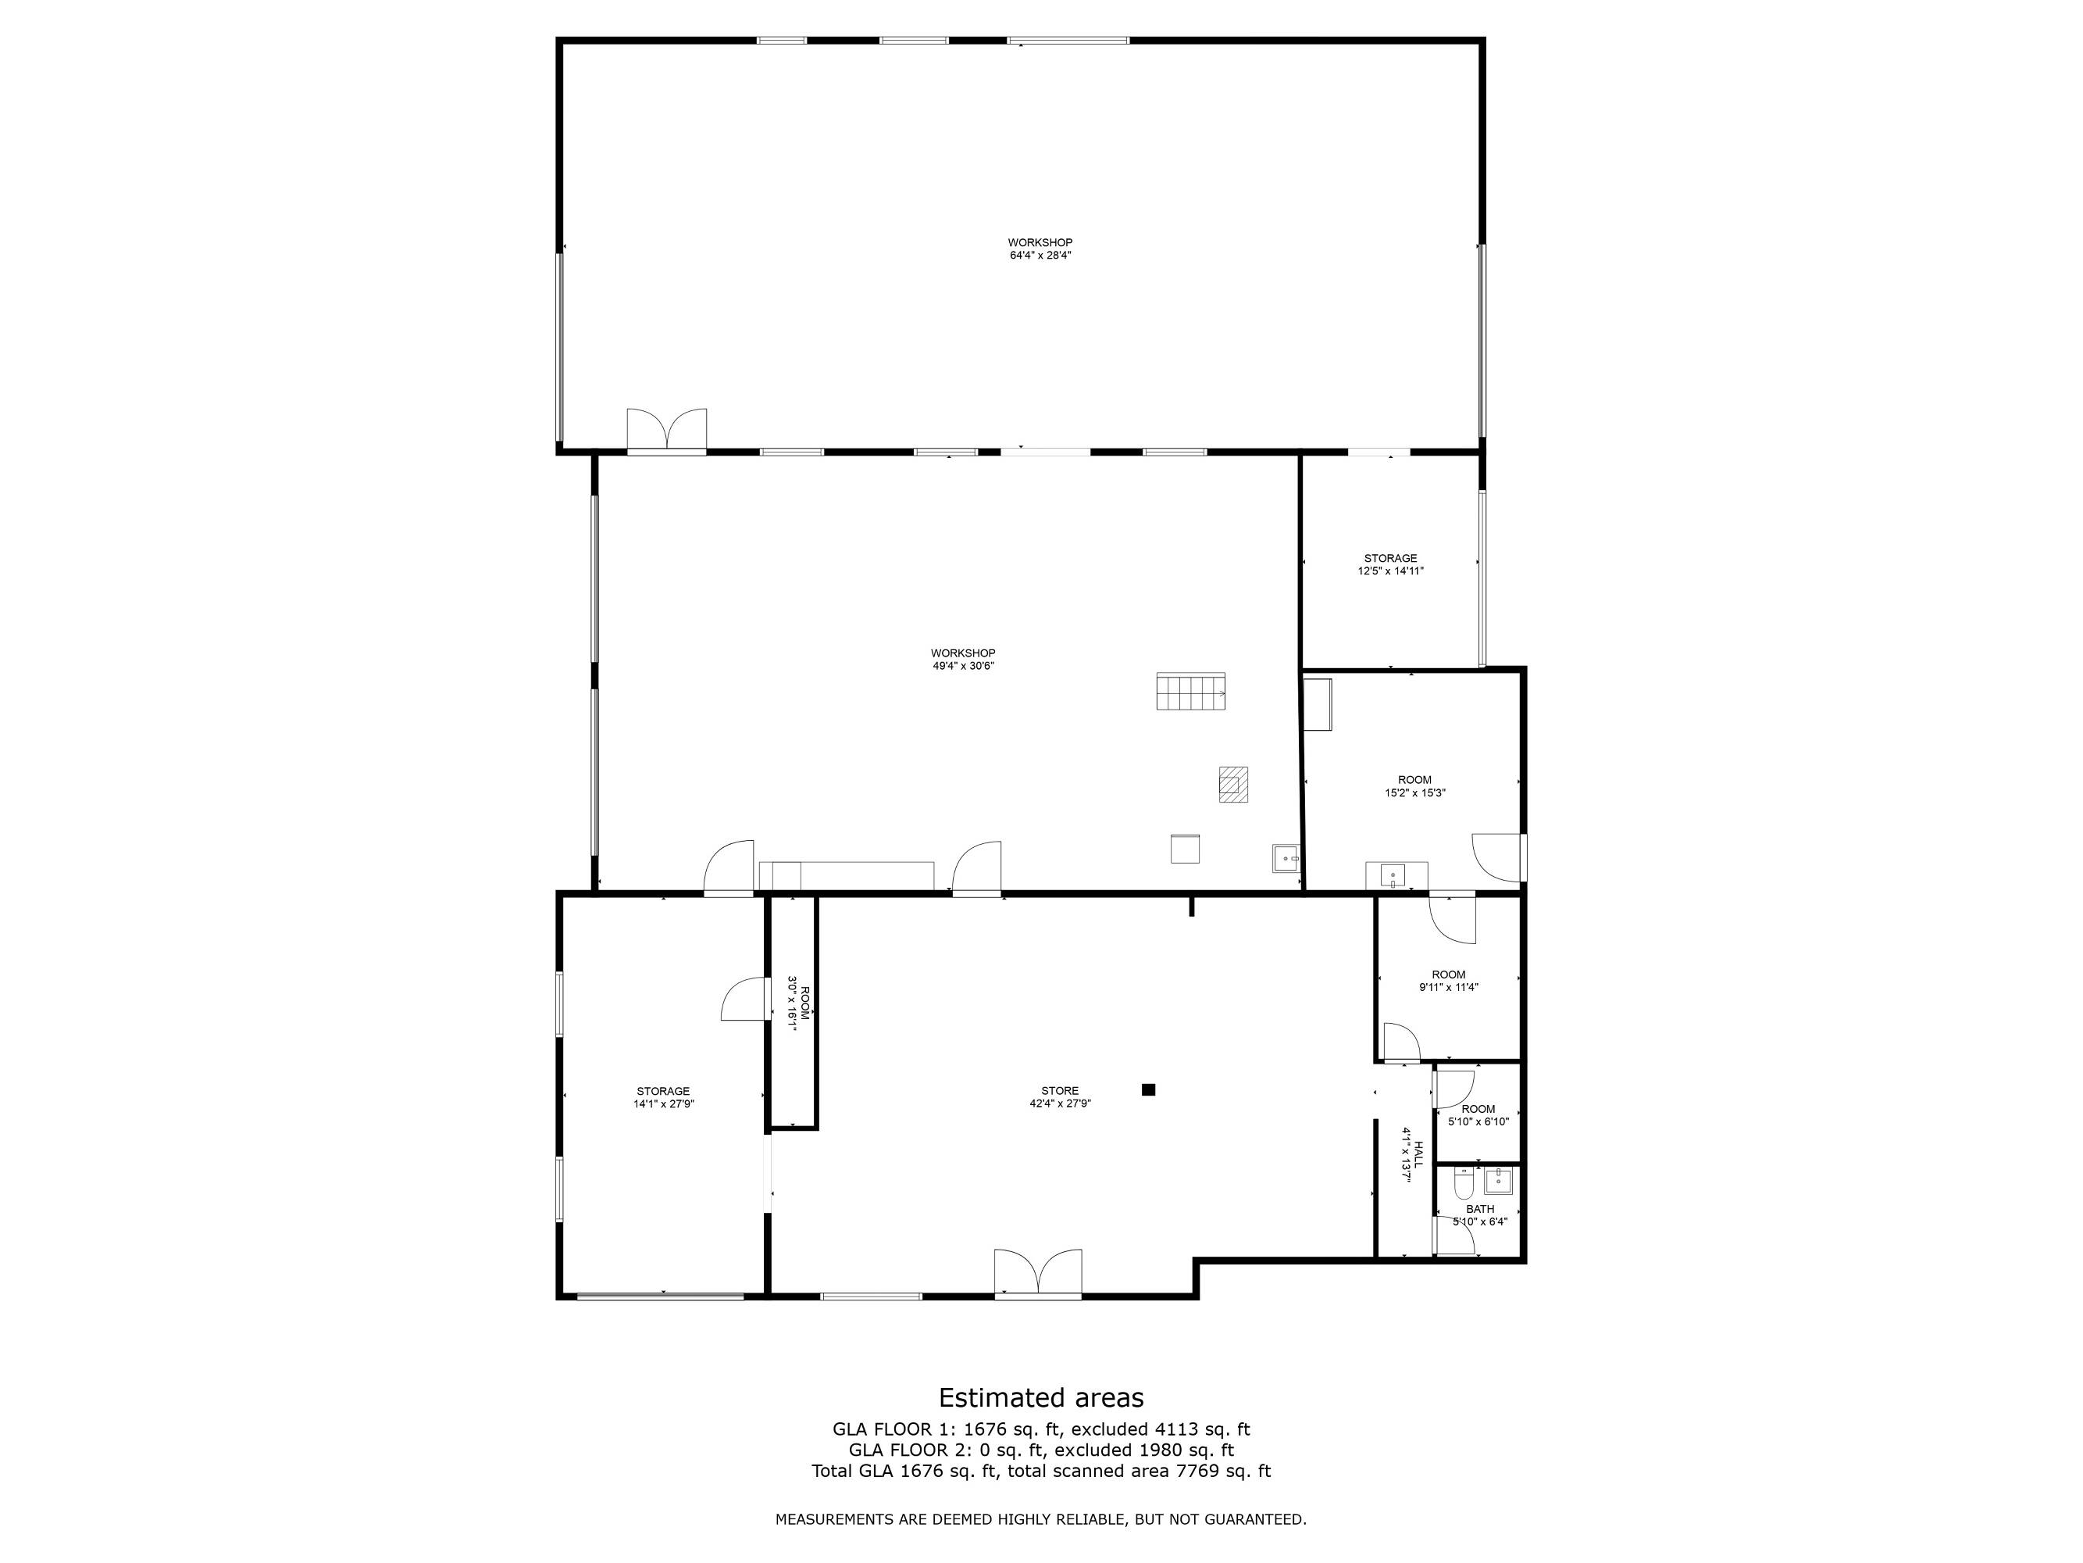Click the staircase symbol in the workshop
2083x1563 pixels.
click(x=1191, y=692)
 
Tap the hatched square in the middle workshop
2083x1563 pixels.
click(x=1233, y=784)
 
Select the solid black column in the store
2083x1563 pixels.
click(x=1148, y=1090)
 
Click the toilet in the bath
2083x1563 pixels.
click(x=1462, y=1183)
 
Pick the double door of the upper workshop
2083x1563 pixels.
click(x=667, y=431)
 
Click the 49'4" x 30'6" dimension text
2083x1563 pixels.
click(x=963, y=666)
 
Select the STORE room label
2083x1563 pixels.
click(x=1061, y=1091)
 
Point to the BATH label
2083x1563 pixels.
click(x=1480, y=1210)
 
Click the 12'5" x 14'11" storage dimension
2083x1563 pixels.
click(x=1391, y=571)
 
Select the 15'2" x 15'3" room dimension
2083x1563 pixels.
click(x=1414, y=793)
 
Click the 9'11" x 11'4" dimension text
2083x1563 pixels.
click(x=1448, y=987)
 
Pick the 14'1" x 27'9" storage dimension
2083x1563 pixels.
click(x=663, y=1104)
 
